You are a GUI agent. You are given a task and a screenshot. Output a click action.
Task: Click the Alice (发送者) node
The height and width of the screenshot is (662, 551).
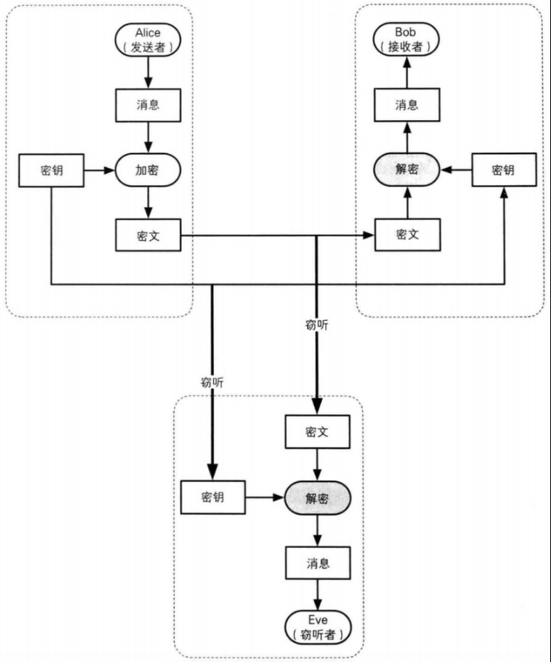tap(148, 40)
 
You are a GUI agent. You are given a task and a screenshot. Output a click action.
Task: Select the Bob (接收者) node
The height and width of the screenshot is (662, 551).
tap(407, 40)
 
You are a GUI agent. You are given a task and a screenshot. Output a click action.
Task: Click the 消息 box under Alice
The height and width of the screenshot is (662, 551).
tap(148, 104)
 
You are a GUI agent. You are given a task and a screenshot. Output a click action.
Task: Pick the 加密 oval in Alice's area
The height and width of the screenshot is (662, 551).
tap(148, 170)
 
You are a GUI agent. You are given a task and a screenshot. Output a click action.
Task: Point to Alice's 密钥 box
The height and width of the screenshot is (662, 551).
tap(50, 170)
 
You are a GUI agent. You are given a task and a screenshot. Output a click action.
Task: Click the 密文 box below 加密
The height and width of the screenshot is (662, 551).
tap(148, 235)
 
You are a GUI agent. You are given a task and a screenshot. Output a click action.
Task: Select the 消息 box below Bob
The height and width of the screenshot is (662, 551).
tap(407, 104)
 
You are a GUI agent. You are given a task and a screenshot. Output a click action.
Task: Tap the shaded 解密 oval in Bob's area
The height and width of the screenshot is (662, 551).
tap(407, 170)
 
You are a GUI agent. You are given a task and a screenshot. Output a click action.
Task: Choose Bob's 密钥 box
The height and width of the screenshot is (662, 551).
tap(503, 170)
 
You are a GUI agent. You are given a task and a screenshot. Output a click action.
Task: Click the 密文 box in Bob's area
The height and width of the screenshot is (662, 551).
tap(407, 235)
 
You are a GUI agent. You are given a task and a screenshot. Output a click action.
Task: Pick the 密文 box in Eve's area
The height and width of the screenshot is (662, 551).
tap(318, 432)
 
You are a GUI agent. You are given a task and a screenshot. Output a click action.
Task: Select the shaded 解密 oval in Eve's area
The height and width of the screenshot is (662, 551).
tap(318, 497)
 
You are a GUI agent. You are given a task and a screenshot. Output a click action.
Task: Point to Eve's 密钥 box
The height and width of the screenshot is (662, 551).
tap(213, 497)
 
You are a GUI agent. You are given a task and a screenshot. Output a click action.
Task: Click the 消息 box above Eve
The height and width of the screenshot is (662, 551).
tap(318, 562)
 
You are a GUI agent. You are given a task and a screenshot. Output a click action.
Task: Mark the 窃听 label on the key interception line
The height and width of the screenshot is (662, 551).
tap(213, 383)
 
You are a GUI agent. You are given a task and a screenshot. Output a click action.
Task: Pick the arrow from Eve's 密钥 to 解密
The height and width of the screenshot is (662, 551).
tap(265, 497)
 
